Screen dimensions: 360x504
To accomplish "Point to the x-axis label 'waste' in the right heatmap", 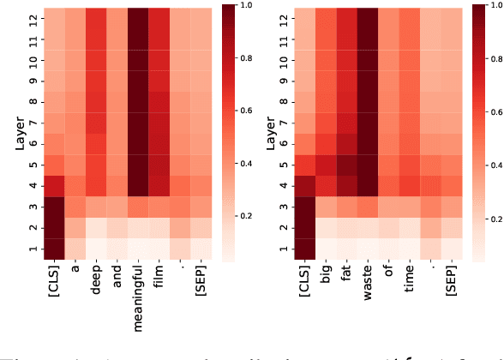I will [x=375, y=282].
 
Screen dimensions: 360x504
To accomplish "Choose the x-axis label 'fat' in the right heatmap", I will [x=352, y=275].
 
